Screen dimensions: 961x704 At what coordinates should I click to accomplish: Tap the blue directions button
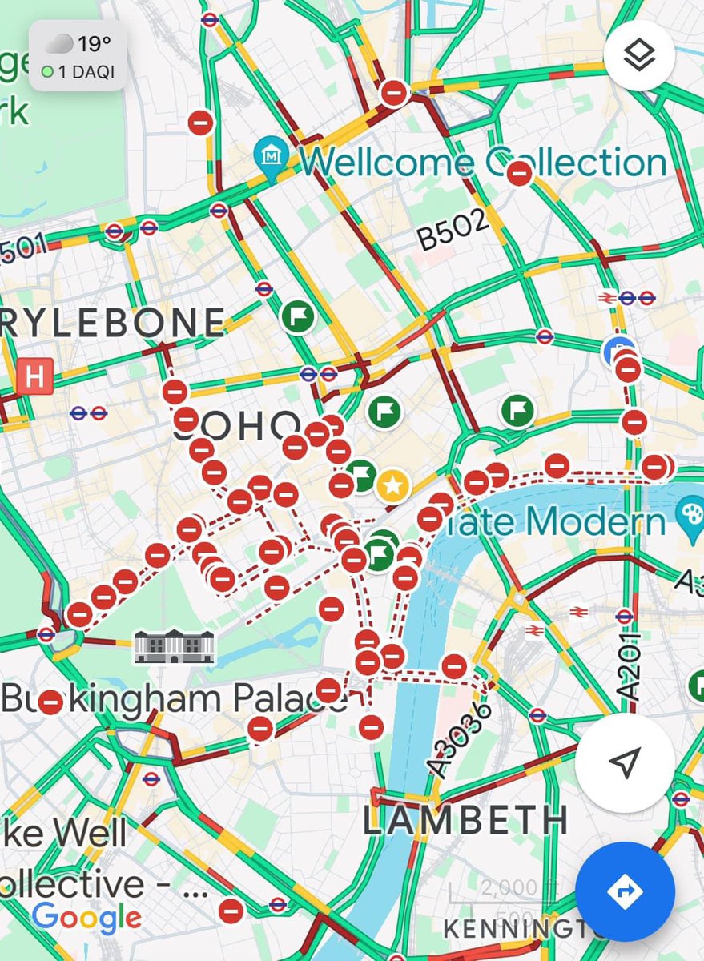point(625,891)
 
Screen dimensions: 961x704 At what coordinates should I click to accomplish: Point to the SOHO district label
point(237,428)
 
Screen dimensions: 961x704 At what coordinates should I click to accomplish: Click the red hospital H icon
point(34,374)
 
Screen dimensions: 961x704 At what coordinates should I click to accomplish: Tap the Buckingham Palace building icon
point(175,646)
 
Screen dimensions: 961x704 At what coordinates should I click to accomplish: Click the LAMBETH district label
point(465,821)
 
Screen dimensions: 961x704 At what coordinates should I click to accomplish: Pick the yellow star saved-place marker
point(392,485)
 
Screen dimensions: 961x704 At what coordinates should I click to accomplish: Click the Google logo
point(87,918)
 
